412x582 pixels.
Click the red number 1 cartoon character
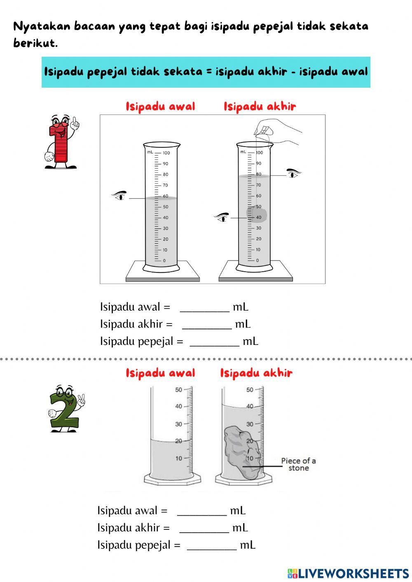point(61,142)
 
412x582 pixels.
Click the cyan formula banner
point(206,72)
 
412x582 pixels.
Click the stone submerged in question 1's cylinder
point(257,215)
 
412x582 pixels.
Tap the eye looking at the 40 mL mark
point(222,217)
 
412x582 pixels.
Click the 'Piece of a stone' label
point(298,464)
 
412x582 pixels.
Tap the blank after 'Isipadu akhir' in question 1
point(207,325)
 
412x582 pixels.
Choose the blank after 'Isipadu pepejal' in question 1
point(214,342)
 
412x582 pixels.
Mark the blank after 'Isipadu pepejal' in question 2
point(212,546)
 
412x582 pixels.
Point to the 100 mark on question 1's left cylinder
point(166,153)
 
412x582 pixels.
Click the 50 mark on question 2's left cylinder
point(179,389)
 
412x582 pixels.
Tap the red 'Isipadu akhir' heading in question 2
point(256,373)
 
